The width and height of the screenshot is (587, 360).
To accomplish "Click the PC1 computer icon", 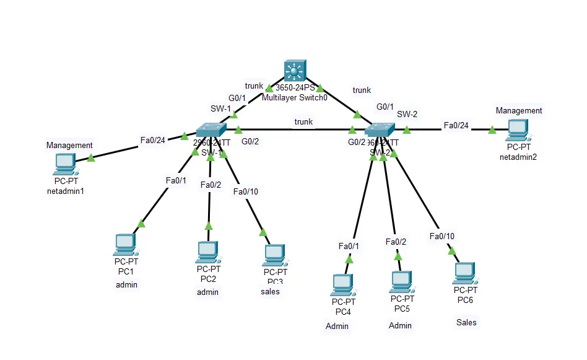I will (x=126, y=245).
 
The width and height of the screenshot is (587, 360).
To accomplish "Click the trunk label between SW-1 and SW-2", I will (x=303, y=122).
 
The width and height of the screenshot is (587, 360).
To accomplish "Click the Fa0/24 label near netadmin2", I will (x=456, y=126).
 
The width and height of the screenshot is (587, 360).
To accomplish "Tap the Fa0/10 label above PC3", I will (x=246, y=191).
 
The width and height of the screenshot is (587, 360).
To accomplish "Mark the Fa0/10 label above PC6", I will (x=442, y=236).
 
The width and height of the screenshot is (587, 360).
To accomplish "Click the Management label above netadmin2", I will (x=519, y=110).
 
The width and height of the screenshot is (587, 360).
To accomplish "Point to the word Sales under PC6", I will (x=466, y=322).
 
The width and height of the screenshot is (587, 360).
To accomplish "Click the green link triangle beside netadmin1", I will (x=91, y=158).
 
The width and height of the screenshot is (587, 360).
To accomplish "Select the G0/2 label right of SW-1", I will (x=250, y=141).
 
